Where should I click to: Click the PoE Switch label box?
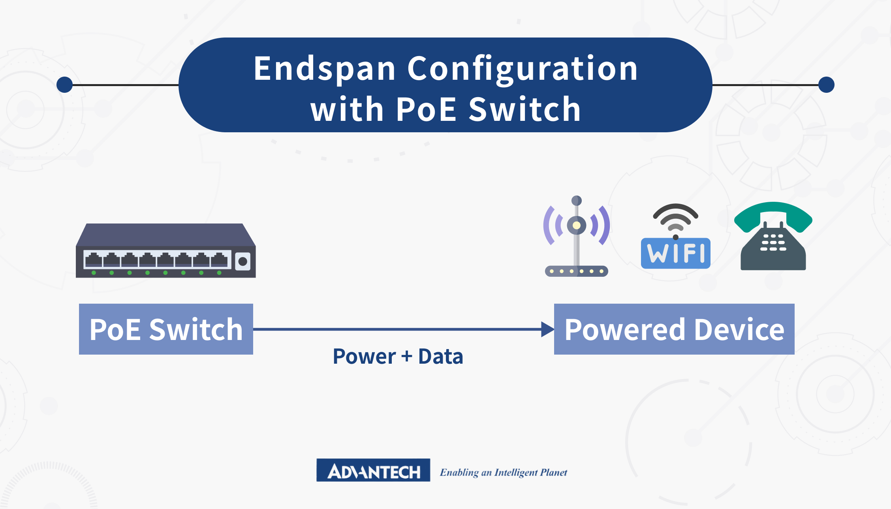(x=166, y=329)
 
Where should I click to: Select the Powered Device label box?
(x=674, y=329)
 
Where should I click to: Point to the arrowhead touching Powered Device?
(x=547, y=329)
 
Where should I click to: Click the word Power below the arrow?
(x=364, y=357)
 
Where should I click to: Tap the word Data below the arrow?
(x=440, y=357)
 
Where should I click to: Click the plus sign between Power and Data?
(x=407, y=357)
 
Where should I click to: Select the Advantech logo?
(x=373, y=470)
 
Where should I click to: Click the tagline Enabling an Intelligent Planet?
(x=504, y=472)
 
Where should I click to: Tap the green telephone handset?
(x=773, y=215)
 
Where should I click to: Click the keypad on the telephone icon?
(x=773, y=242)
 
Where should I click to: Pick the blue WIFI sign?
(x=675, y=253)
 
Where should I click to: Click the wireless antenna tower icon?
(x=576, y=237)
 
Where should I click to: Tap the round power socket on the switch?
(x=243, y=261)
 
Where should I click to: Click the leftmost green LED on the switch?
(x=94, y=273)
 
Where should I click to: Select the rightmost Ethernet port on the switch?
(x=219, y=260)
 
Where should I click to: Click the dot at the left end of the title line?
(x=65, y=85)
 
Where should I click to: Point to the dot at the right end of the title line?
(x=826, y=85)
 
